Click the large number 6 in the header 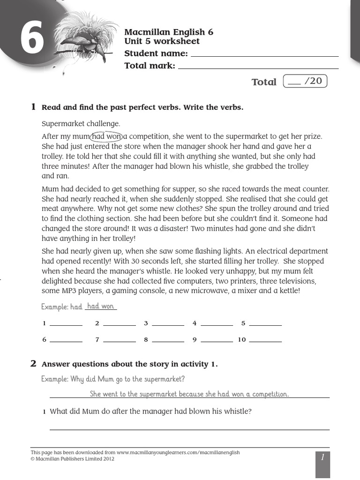[32, 41]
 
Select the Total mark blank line [258, 67]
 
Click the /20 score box [305, 82]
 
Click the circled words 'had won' [106, 136]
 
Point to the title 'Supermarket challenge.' [81, 124]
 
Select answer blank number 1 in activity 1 [66, 323]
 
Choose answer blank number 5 [265, 323]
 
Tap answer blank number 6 [66, 340]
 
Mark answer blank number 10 [265, 340]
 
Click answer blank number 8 [168, 340]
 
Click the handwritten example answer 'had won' [101, 306]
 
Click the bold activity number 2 [33, 364]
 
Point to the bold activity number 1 [33, 107]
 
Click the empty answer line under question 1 [189, 427]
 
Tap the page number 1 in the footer [322, 457]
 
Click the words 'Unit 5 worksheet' [162, 41]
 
